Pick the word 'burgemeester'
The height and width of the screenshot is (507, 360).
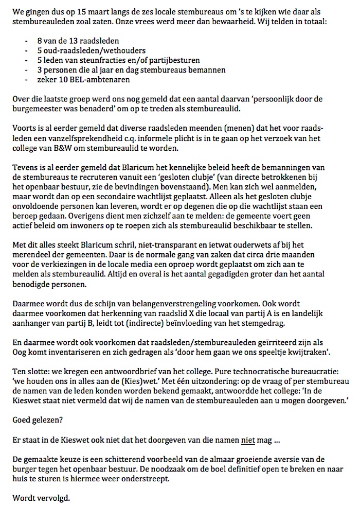37,109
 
